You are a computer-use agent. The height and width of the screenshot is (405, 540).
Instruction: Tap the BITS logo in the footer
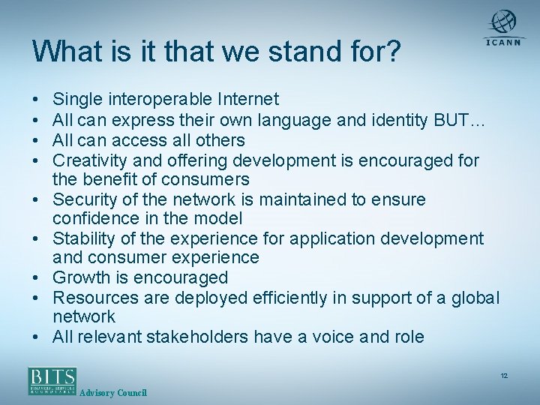coord(52,380)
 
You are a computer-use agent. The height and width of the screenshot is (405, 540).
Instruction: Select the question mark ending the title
coord(393,52)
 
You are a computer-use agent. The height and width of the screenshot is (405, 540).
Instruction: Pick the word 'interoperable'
coord(160,99)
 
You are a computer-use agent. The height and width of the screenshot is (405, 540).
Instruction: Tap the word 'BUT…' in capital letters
coord(452,119)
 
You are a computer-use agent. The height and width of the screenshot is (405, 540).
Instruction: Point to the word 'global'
coord(474,298)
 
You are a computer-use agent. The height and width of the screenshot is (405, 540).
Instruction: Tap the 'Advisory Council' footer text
coord(113,393)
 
